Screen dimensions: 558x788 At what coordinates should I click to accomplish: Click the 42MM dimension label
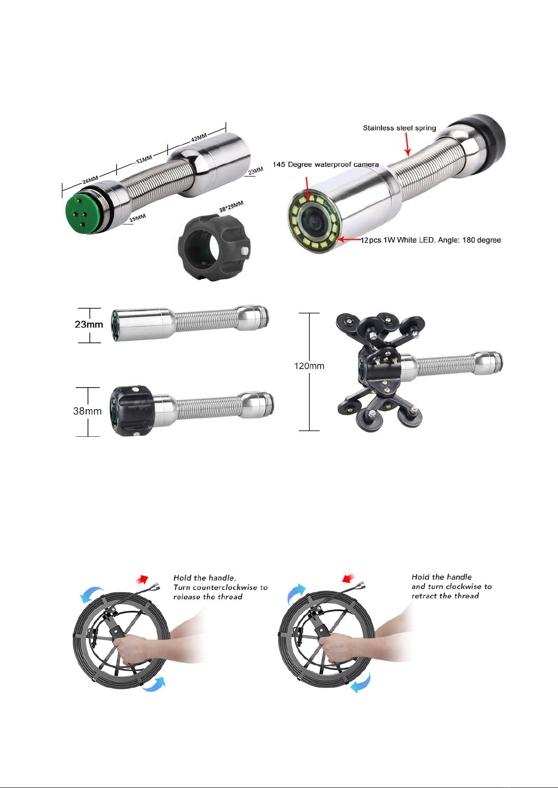click(x=199, y=137)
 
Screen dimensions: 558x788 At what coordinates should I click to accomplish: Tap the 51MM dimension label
click(x=144, y=159)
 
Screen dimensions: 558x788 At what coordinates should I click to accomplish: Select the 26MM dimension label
click(x=90, y=180)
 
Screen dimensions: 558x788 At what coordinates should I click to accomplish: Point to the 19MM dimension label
click(x=137, y=218)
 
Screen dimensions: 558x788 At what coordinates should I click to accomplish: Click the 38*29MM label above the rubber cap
click(x=231, y=207)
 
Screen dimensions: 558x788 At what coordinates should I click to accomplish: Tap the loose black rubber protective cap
click(x=214, y=248)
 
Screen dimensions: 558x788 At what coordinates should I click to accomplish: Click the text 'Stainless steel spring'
click(x=400, y=128)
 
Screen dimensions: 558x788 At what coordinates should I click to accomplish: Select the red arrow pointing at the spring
click(x=407, y=144)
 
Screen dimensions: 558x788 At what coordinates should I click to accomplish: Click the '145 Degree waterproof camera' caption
click(x=326, y=165)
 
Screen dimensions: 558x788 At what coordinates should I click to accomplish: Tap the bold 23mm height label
click(x=89, y=325)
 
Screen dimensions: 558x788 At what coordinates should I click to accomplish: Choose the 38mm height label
click(x=88, y=411)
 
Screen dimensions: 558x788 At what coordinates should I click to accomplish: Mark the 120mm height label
click(x=309, y=366)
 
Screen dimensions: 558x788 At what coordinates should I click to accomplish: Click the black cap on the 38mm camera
click(x=132, y=411)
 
